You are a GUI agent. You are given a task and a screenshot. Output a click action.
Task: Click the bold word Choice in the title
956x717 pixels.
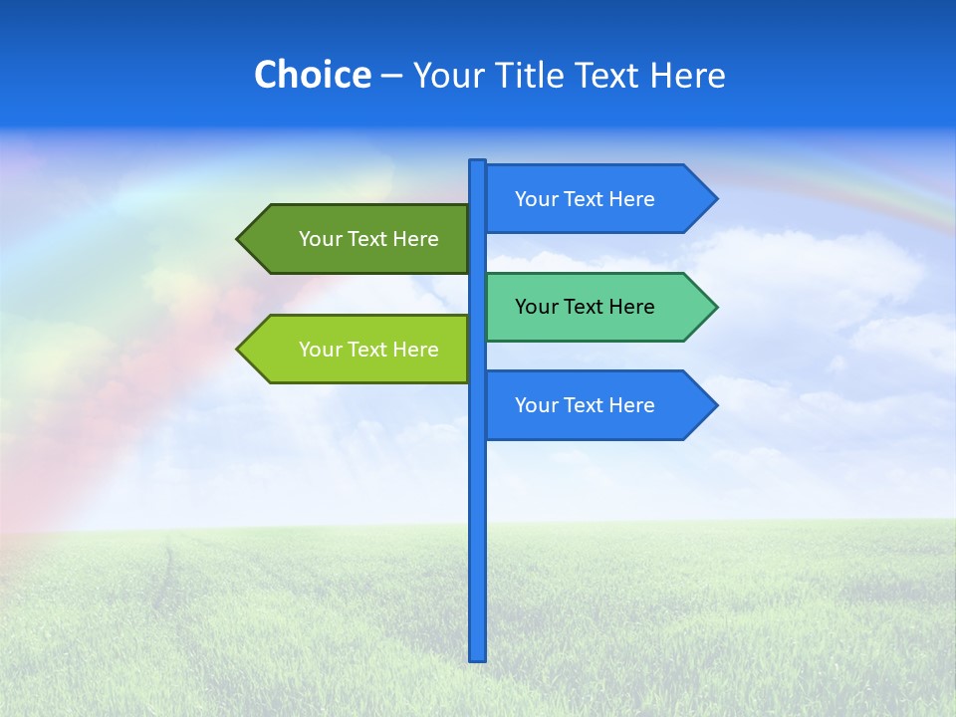click(x=312, y=75)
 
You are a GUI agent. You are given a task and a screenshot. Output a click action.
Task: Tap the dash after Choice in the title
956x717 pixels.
click(x=391, y=76)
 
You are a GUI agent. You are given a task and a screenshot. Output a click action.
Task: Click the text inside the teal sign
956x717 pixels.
click(x=585, y=307)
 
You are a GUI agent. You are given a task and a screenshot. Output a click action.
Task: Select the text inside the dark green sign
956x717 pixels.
click(x=368, y=239)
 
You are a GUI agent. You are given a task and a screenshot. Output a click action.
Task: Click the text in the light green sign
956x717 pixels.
click(x=368, y=350)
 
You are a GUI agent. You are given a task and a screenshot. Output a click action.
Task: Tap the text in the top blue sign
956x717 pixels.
click(x=585, y=199)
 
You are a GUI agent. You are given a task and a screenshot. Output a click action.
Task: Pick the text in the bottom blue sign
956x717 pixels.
click(x=585, y=405)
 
